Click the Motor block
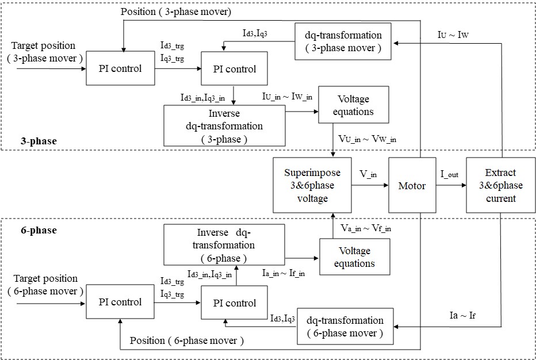(x=412, y=186)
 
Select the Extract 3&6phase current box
(x=500, y=186)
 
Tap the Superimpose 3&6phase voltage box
(x=312, y=186)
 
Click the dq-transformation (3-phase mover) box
(x=343, y=41)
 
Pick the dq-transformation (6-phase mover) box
(x=344, y=327)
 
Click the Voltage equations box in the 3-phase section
(x=353, y=105)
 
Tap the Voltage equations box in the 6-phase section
(x=354, y=257)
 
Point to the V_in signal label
(x=368, y=173)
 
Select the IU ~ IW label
(x=453, y=36)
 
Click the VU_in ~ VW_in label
(x=367, y=139)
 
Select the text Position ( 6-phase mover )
(x=187, y=340)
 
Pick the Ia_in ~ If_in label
(x=283, y=273)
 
